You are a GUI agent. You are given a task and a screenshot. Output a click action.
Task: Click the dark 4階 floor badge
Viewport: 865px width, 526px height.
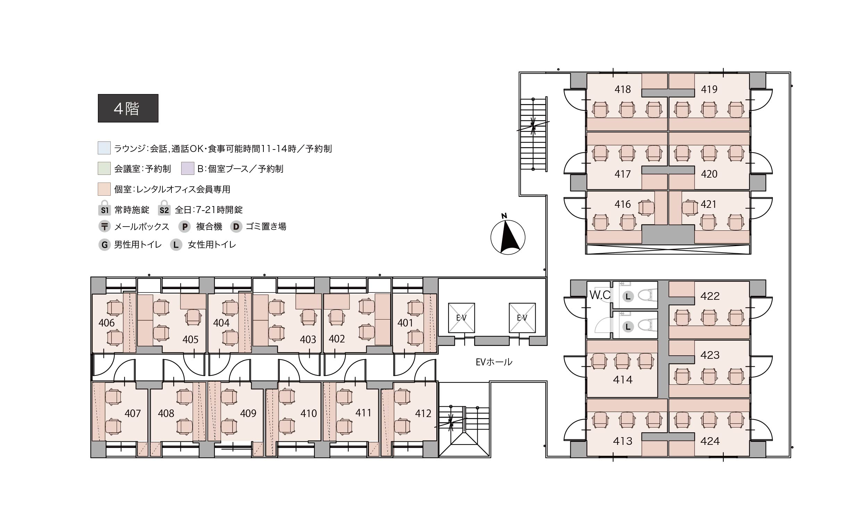[128, 108]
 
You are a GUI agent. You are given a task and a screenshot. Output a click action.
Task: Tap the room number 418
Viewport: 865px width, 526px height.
[622, 90]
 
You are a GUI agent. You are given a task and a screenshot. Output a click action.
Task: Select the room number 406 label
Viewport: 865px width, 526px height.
[107, 323]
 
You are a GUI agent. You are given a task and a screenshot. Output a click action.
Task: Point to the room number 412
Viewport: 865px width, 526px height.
[423, 413]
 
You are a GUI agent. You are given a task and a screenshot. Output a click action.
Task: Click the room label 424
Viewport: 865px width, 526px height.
[710, 441]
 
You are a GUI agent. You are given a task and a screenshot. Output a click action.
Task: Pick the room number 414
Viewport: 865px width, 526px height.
[623, 379]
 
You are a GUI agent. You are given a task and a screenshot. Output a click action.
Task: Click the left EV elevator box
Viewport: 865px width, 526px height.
[461, 318]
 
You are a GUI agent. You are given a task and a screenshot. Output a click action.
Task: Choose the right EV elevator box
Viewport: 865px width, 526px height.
[522, 318]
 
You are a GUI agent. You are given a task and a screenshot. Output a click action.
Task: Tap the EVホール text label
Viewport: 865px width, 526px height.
[494, 362]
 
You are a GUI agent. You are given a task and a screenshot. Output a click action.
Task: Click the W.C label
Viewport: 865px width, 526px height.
[600, 295]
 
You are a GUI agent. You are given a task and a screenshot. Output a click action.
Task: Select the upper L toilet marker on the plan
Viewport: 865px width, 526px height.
[628, 297]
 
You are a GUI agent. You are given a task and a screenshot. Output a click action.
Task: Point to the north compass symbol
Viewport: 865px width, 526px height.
[507, 235]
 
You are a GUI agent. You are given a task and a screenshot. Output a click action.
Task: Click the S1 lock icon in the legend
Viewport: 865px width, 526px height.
[104, 208]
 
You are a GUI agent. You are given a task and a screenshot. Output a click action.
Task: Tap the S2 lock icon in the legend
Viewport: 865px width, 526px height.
[164, 208]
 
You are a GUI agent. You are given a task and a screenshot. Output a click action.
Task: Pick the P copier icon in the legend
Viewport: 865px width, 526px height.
[185, 227]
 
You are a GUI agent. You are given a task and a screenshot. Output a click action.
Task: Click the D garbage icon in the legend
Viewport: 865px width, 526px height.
[236, 227]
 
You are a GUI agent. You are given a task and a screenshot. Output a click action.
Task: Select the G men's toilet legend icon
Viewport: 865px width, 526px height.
[104, 245]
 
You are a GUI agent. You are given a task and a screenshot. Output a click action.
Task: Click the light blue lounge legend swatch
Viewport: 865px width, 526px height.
[104, 148]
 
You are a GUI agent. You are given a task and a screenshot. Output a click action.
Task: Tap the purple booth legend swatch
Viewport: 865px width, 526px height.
[188, 168]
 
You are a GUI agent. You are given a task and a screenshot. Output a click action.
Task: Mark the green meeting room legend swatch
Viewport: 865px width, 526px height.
[104, 168]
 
